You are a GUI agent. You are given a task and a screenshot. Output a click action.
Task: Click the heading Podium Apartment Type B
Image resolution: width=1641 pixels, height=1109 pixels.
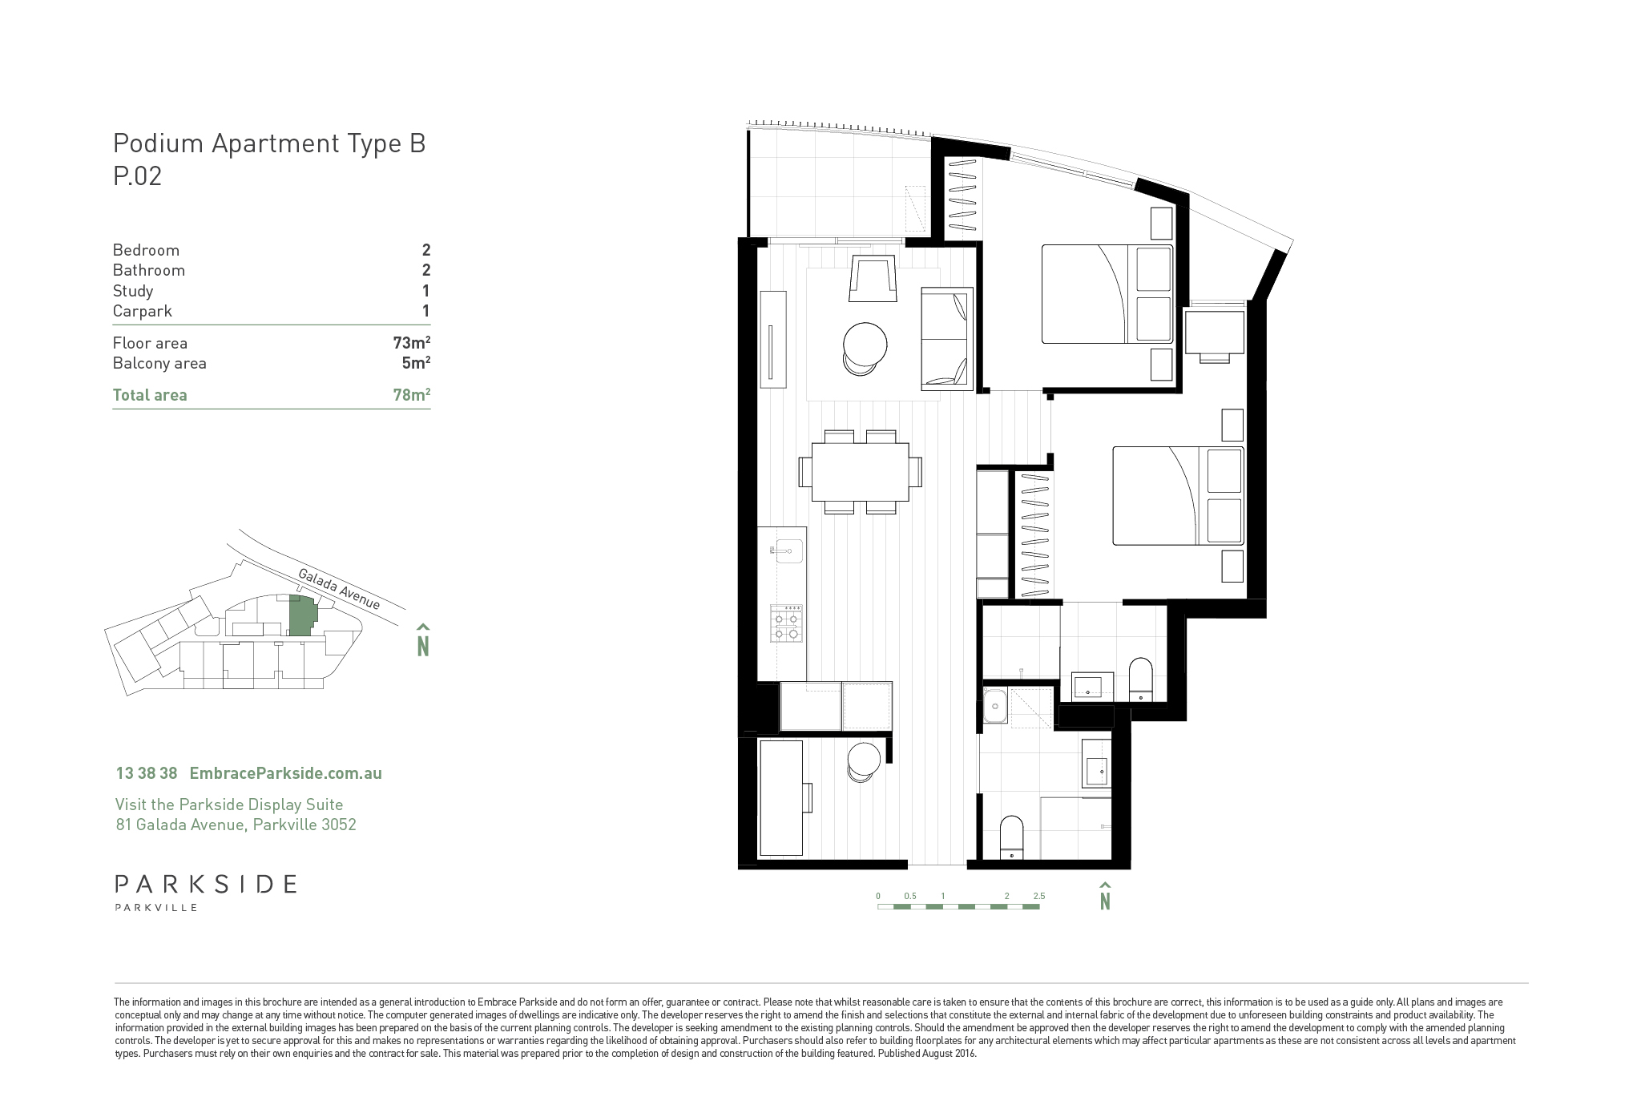point(269,144)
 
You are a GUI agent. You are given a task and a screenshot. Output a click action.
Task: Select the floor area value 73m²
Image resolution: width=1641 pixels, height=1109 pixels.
point(412,343)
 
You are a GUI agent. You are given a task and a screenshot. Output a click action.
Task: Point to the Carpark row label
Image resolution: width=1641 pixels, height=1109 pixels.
point(143,312)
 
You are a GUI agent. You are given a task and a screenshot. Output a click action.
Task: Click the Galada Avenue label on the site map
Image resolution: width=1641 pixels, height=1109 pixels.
point(339,589)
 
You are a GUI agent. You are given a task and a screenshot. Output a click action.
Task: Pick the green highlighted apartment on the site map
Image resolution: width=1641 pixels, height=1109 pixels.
point(302,618)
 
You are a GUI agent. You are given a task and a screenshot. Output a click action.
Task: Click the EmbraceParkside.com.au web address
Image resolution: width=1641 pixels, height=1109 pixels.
point(285,773)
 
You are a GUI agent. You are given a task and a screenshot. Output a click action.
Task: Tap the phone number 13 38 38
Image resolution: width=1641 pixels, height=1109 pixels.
point(147,773)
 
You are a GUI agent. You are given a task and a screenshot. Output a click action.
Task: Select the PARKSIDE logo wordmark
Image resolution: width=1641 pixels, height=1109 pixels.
point(206,884)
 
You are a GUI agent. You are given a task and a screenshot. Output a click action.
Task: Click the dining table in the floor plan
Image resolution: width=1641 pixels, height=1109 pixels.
point(860,472)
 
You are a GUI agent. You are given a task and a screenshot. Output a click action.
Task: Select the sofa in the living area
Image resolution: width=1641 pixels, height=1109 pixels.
point(947,338)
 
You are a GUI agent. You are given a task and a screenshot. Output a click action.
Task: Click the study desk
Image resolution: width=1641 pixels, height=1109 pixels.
point(781,798)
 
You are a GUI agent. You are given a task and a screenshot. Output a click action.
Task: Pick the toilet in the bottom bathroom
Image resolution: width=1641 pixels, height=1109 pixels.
point(1012,838)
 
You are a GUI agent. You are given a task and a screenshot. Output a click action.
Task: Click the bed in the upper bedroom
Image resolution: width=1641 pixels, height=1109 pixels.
point(1107,294)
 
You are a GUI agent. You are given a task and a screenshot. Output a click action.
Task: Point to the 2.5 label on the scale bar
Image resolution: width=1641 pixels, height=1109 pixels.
point(1038,896)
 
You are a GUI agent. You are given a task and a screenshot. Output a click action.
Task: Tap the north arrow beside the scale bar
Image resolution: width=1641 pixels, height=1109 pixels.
point(1105,896)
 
